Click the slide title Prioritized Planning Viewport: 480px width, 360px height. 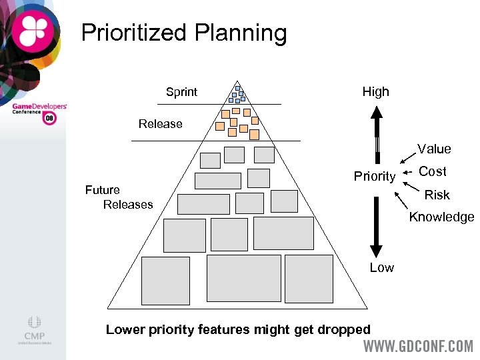click(183, 33)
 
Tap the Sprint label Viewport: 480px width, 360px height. click(181, 92)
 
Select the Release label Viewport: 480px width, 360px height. click(160, 124)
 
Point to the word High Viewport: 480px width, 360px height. click(375, 92)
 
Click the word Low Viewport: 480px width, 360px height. click(381, 267)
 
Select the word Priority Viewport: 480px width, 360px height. click(374, 176)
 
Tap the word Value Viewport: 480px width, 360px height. click(434, 149)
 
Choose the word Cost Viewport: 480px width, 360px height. click(433, 171)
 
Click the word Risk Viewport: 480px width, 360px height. click(437, 195)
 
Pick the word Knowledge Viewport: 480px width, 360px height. click(441, 217)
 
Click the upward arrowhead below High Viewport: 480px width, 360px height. click(376, 113)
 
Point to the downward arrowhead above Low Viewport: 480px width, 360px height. click(376, 250)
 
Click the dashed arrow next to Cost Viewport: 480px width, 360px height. click(407, 172)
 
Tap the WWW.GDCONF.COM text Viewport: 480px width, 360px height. click(418, 347)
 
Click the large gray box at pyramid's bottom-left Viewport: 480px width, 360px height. click(165, 280)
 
